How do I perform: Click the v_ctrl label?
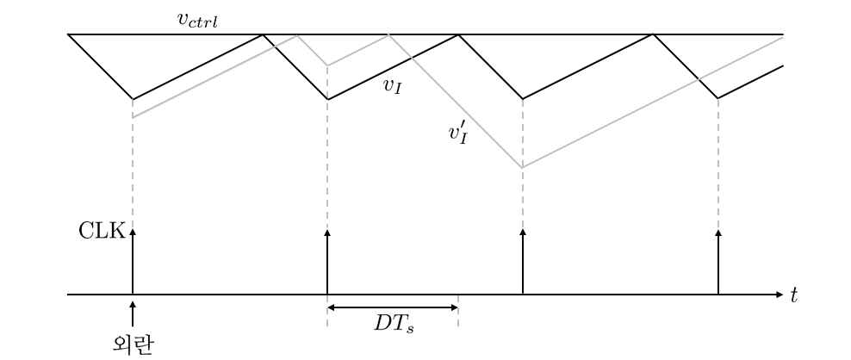click(x=197, y=20)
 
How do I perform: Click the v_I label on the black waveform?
click(x=392, y=87)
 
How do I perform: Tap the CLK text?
click(x=102, y=231)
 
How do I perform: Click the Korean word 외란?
click(x=133, y=344)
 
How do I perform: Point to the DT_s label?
click(x=393, y=324)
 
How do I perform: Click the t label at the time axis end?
click(x=793, y=295)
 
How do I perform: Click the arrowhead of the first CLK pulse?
click(x=133, y=233)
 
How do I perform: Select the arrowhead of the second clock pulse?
click(x=327, y=233)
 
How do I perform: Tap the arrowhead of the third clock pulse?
click(x=523, y=233)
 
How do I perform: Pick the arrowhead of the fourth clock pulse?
click(x=718, y=233)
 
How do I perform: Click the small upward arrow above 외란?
click(x=133, y=313)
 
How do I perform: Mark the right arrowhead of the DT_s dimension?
click(x=455, y=307)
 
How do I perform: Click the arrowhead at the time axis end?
click(x=780, y=295)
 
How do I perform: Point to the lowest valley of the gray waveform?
click(x=523, y=168)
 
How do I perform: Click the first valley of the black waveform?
click(x=133, y=99)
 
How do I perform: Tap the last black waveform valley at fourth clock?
click(x=718, y=98)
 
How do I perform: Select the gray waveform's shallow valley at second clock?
click(x=327, y=65)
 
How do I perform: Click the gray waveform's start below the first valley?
click(x=133, y=117)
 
